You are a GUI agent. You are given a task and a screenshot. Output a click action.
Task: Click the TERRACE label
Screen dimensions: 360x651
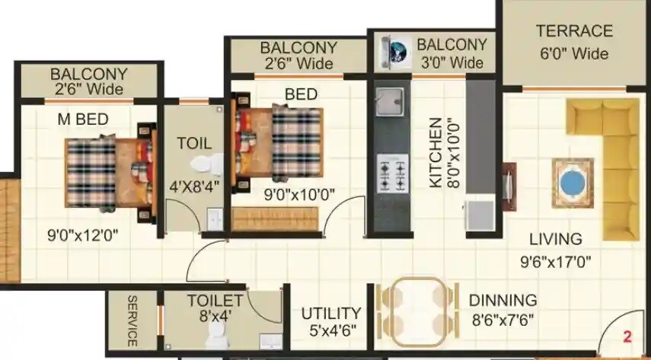click(x=574, y=31)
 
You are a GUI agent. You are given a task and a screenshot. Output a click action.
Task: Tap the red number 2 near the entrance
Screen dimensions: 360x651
click(x=627, y=336)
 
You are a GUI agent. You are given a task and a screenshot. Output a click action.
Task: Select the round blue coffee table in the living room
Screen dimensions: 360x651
click(x=571, y=183)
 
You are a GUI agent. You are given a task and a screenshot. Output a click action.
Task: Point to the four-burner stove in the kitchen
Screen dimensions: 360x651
click(x=393, y=173)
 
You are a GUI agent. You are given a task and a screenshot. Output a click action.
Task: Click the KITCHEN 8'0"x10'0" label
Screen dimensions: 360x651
click(x=444, y=152)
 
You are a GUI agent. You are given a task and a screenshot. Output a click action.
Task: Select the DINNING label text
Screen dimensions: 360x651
click(x=503, y=300)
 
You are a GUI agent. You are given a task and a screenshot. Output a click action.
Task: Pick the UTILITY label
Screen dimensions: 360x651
click(x=330, y=313)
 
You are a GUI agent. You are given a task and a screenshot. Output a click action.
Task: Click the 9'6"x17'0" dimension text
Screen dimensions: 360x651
click(x=555, y=262)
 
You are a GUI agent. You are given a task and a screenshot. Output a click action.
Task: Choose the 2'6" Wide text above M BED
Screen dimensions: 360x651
click(x=88, y=89)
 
